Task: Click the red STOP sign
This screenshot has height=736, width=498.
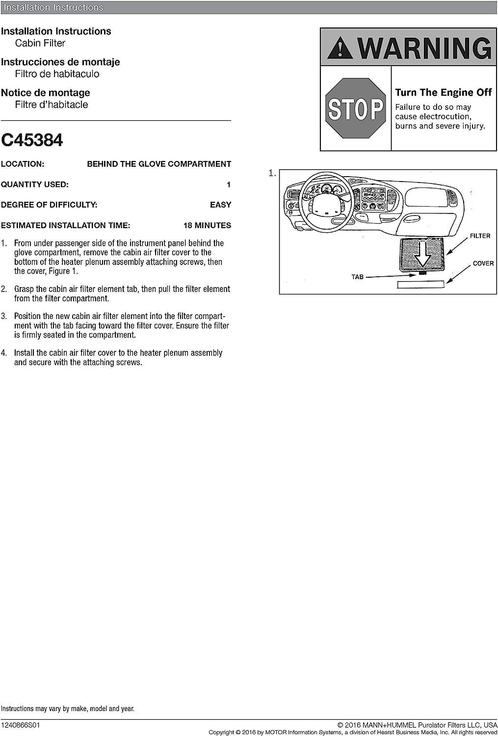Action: (355, 108)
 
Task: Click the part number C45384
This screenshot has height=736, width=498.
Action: (32, 140)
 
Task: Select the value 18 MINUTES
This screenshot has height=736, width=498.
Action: (207, 225)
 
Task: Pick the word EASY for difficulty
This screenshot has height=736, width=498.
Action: (220, 205)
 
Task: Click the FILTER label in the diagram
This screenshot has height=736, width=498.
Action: (480, 236)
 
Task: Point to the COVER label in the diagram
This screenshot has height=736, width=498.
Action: (483, 263)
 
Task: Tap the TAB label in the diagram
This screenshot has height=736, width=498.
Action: (358, 277)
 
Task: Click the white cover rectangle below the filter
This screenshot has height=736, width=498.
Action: (421, 284)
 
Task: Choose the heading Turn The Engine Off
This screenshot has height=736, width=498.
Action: (443, 92)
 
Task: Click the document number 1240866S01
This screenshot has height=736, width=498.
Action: (20, 725)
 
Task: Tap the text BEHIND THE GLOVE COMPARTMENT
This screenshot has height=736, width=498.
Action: (159, 164)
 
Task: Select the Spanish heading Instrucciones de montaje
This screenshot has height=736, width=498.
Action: (60, 62)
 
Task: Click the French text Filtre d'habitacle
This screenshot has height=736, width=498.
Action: (52, 105)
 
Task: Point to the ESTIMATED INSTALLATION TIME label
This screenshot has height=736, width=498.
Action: (65, 225)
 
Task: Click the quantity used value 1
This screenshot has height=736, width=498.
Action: (228, 184)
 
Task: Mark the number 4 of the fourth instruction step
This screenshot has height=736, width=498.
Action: (4, 353)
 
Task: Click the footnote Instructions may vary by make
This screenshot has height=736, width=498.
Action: (67, 709)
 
